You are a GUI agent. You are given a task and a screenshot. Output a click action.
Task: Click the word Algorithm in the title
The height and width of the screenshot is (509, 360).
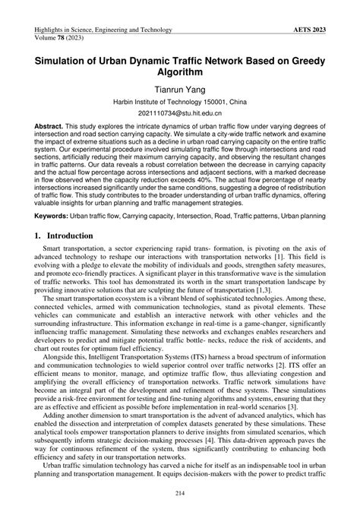[x=180, y=73]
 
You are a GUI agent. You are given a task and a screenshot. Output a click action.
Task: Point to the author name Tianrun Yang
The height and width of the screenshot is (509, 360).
[x=180, y=91]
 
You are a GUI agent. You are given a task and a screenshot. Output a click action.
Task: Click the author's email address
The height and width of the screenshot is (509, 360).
[x=180, y=112]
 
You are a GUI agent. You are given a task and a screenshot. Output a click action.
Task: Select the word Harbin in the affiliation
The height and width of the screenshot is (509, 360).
[x=125, y=102]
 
